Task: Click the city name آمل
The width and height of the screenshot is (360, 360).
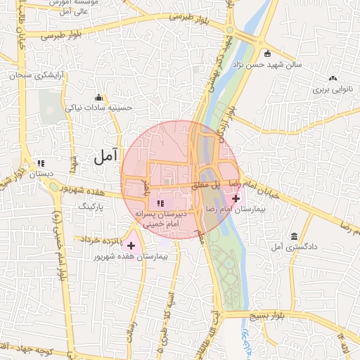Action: [105, 158]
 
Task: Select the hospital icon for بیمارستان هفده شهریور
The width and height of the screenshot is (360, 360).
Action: [130, 245]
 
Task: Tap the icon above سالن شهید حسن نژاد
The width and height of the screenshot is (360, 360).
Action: [266, 53]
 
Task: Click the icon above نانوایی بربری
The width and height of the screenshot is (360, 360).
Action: [333, 79]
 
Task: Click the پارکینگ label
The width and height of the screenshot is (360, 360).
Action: [89, 206]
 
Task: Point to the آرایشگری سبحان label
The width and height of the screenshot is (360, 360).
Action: [39, 74]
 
